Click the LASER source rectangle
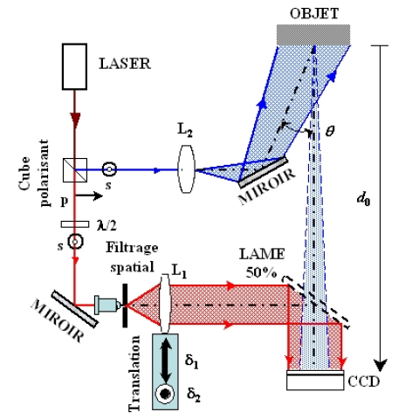(74, 66)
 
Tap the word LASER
(125, 64)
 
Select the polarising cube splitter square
(75, 170)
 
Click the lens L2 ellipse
(186, 169)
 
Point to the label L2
(185, 130)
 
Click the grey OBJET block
(313, 35)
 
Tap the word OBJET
(314, 14)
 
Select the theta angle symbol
(330, 131)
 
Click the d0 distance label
(363, 199)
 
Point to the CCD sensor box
(315, 380)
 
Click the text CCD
(364, 381)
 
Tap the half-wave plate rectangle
(75, 224)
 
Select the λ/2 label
(106, 225)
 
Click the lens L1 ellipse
(165, 304)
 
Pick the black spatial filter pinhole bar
(125, 306)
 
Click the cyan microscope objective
(107, 305)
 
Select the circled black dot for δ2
(165, 394)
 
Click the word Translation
(134, 374)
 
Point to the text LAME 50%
(262, 264)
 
